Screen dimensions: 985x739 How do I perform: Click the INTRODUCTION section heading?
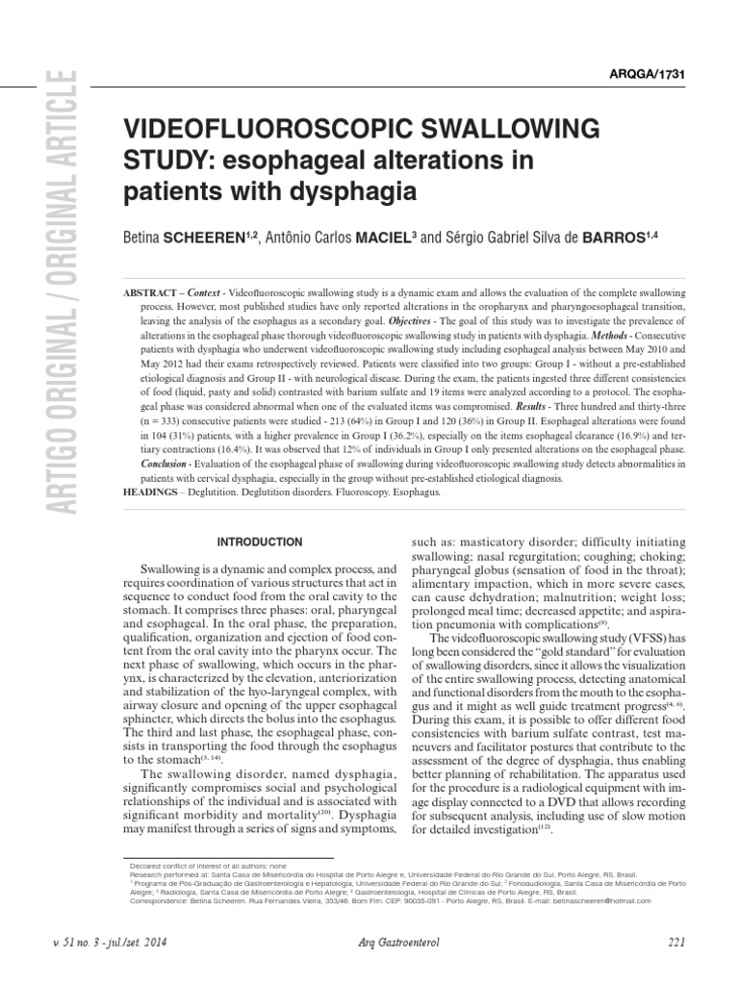[259, 542]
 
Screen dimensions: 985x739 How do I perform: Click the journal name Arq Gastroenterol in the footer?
[390, 943]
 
